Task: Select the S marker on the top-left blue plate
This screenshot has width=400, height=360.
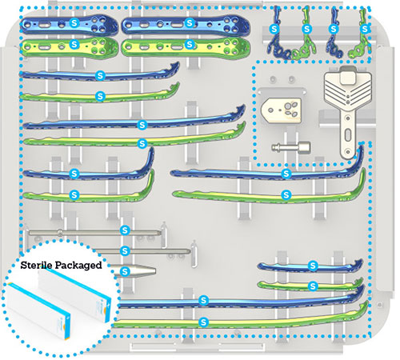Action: click(x=74, y=23)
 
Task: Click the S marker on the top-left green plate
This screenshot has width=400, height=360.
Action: click(x=74, y=44)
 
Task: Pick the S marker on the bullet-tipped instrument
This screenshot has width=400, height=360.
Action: click(x=125, y=272)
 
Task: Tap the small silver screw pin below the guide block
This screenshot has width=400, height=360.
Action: click(x=291, y=147)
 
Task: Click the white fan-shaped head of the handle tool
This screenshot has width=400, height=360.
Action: click(x=348, y=88)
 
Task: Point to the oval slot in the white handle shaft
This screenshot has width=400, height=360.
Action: click(x=348, y=135)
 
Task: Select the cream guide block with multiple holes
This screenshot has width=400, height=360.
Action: click(x=282, y=110)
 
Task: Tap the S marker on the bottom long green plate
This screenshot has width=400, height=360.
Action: click(x=203, y=322)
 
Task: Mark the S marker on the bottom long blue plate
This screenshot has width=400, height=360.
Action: click(x=203, y=301)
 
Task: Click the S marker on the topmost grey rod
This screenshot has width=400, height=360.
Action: click(x=125, y=230)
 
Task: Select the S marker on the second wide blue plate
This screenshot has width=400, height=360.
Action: click(x=190, y=23)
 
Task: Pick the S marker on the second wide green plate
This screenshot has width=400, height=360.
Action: click(x=190, y=44)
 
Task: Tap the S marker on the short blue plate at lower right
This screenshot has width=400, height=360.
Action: click(x=313, y=266)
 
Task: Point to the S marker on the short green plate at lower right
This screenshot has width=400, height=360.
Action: click(x=313, y=286)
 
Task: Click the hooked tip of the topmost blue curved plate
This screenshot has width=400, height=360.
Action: click(x=175, y=66)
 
